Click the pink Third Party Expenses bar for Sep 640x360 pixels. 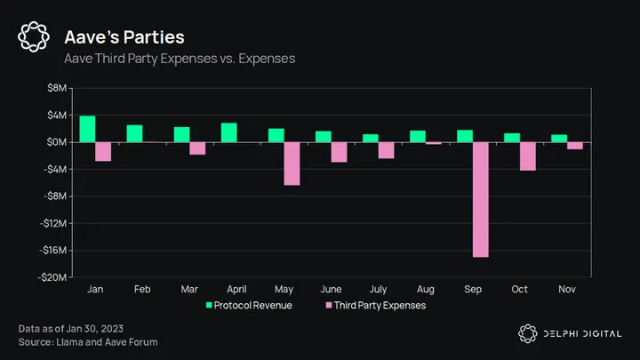pyautogui.click(x=480, y=199)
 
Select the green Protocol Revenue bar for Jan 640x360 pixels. pyautogui.click(x=87, y=129)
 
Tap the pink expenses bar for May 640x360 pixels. pyautogui.click(x=292, y=164)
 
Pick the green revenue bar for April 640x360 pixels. pyautogui.click(x=228, y=132)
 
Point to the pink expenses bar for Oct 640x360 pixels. pyautogui.click(x=528, y=156)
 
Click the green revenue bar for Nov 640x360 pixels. pyautogui.click(x=559, y=139)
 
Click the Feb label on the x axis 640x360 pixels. pyautogui.click(x=142, y=290)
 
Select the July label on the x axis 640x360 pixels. pyautogui.click(x=378, y=290)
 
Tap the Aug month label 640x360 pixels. pyautogui.click(x=426, y=290)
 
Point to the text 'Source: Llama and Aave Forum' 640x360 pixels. pyautogui.click(x=89, y=341)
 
